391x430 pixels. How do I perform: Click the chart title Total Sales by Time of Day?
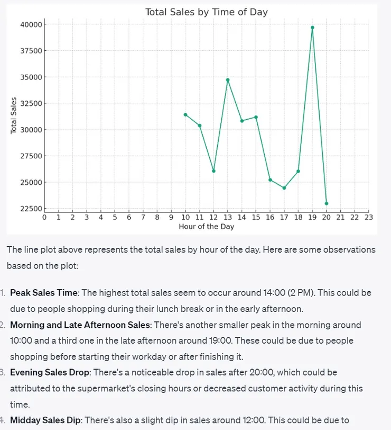[x=206, y=12]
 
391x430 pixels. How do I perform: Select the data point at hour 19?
[x=312, y=28]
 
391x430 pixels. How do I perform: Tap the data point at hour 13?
[x=228, y=80]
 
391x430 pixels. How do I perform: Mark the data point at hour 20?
[x=327, y=203]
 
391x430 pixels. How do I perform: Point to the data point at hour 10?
[x=185, y=114]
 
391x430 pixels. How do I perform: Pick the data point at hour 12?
[x=213, y=171]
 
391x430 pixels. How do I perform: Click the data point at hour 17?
[x=284, y=188]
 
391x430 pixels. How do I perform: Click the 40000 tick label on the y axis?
[x=30, y=24]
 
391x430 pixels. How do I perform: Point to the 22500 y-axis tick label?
[x=30, y=209]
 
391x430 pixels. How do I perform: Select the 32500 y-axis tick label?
[x=30, y=103]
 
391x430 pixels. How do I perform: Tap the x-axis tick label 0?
[x=44, y=217]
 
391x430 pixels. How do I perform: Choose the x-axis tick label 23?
[x=369, y=217]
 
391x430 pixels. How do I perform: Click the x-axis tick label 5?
[x=115, y=217]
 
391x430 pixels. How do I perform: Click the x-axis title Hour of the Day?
[x=206, y=227]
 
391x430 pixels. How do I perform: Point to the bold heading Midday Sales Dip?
[x=46, y=420]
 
